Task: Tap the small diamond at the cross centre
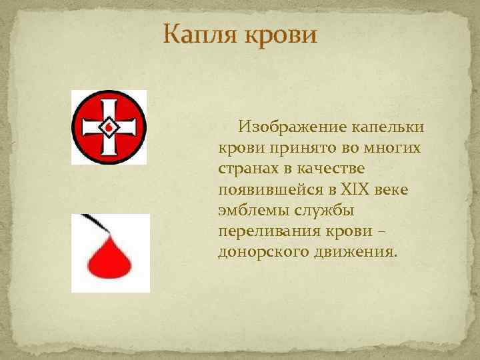click(x=109, y=127)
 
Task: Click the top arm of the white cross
click(x=109, y=107)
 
